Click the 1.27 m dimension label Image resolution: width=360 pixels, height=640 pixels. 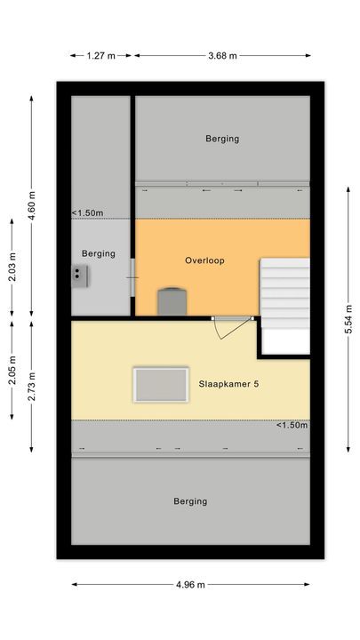pos(101,56)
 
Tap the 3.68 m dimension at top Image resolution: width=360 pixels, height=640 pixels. pos(222,56)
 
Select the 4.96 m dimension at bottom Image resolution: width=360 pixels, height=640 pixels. pos(190,584)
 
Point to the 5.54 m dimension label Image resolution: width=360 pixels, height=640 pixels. pos(348,315)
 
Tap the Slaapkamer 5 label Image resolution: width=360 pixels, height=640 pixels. pos(229,384)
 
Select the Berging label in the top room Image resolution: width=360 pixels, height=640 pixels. pos(222,139)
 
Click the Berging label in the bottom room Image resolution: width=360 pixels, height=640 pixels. pos(190,501)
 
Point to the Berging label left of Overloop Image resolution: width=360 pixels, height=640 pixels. pos(99,253)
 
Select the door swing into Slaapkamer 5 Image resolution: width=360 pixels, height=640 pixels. pos(228,328)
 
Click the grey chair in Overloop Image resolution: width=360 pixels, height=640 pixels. pos(171,301)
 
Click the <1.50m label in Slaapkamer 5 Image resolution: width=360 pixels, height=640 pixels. pos(292,425)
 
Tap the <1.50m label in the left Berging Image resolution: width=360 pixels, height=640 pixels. pos(87,213)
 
